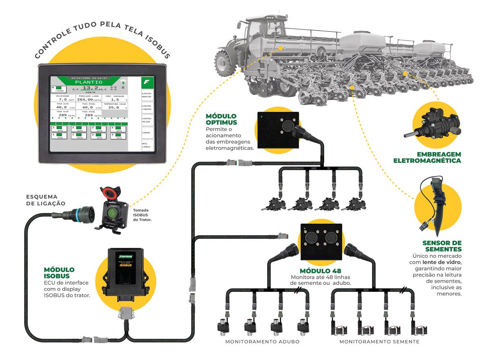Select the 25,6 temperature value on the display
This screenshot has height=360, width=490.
tap(114, 108)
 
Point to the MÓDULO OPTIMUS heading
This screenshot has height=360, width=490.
tap(222, 119)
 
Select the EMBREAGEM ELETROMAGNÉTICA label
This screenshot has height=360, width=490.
tap(427, 158)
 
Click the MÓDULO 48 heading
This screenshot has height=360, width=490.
tap(321, 271)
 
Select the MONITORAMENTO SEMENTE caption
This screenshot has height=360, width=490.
tap(379, 342)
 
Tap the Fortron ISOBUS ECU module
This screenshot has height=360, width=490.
tap(125, 272)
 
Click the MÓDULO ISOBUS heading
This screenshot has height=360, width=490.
tap(59, 273)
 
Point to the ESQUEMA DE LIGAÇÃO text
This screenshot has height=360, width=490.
tap(46, 200)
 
